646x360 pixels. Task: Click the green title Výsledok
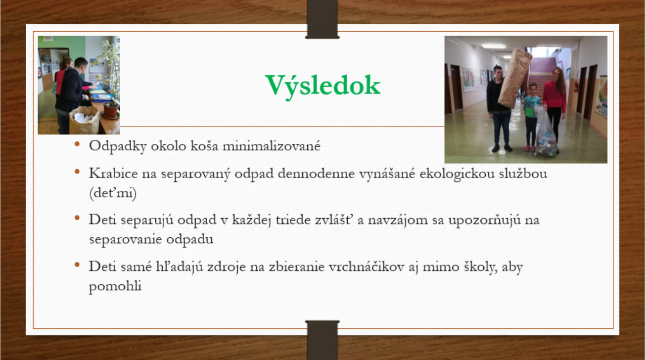pos(323,86)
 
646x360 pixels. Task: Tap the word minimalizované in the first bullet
pos(272,146)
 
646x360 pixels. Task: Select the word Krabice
pos(113,174)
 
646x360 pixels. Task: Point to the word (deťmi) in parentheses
pos(113,193)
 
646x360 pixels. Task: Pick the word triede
pos(293,220)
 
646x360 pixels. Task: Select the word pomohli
pos(115,286)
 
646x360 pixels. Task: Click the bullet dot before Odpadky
pos(77,144)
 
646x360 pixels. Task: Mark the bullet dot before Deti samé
pos(77,265)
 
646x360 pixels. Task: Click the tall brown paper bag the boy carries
pos(514,78)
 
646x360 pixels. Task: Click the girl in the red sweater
pos(554,107)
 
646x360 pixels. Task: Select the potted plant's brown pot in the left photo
pos(111,110)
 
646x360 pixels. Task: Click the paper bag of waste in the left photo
pos(84,120)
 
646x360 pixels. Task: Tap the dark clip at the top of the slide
pos(323,19)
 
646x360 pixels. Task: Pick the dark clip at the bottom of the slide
pos(323,340)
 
